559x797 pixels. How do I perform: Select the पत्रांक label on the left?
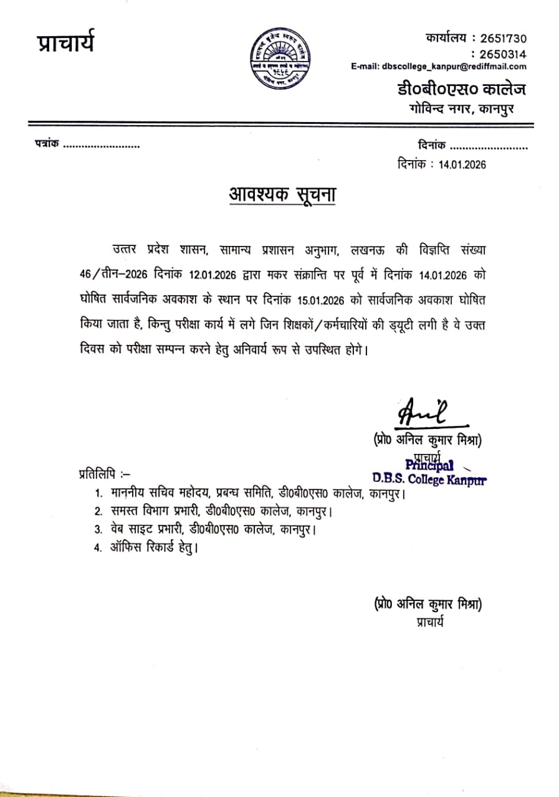(46, 144)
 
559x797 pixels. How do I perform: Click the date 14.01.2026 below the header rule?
(462, 165)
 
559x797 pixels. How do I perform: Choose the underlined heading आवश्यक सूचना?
(281, 195)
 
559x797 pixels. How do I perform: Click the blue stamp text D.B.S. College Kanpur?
(429, 479)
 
